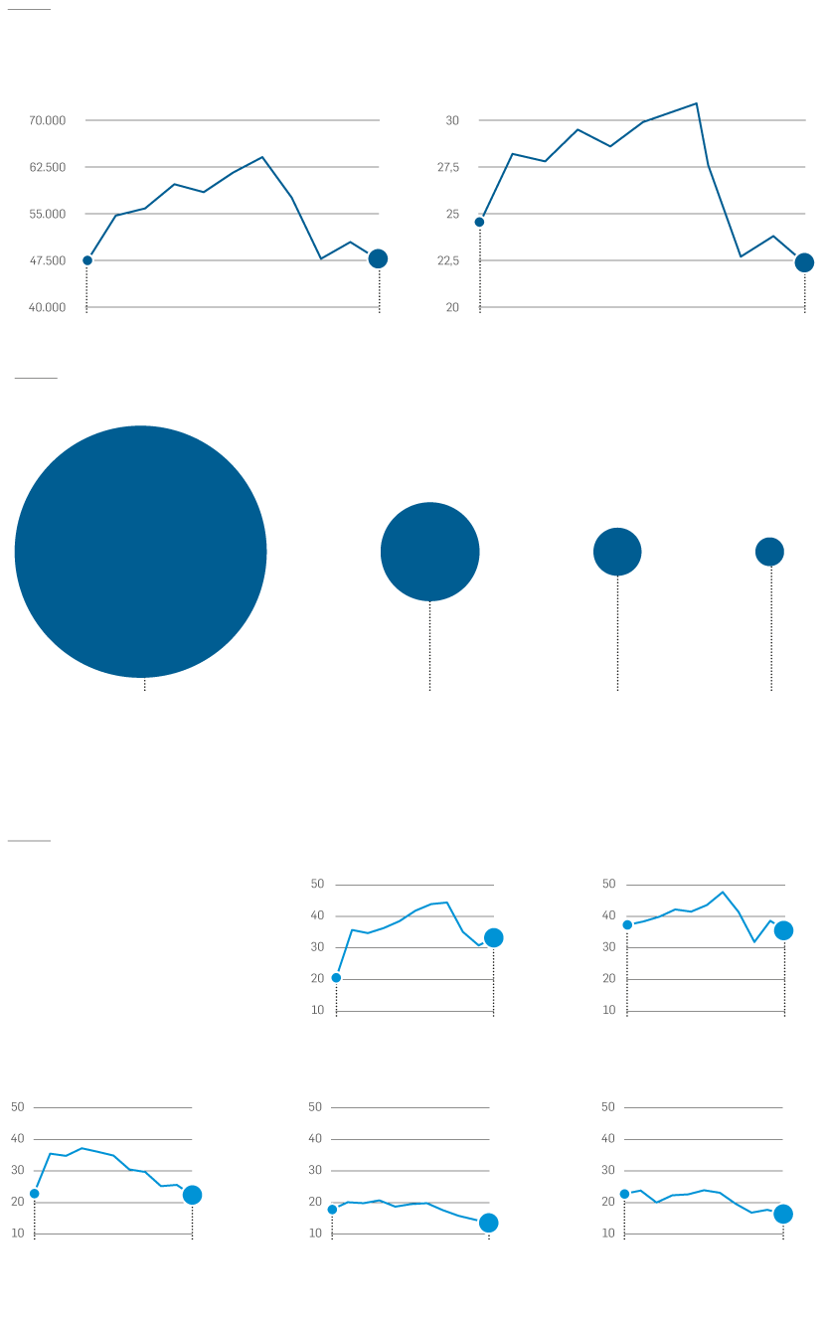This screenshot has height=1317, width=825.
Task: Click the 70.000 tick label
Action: coord(47,120)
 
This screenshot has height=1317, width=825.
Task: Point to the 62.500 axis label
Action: coord(47,168)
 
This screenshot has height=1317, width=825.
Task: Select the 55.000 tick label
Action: coord(47,214)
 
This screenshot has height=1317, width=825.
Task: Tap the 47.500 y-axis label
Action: coord(47,260)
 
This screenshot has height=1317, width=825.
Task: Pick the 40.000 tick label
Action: coord(47,307)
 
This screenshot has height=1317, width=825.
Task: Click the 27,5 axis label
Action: coord(448,168)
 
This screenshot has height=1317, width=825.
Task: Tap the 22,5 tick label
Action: coord(448,260)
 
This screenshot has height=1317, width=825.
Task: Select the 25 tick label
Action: coord(452,214)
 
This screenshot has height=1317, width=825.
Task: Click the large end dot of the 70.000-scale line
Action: coord(378,258)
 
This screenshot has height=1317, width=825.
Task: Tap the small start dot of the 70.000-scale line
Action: coord(87,260)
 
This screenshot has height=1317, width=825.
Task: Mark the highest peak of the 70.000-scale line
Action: coord(262,157)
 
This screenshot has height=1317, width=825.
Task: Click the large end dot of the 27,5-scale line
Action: coord(804,262)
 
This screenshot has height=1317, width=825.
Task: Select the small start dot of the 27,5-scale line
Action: coord(479,223)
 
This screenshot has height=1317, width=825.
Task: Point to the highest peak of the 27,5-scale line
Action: coord(697,103)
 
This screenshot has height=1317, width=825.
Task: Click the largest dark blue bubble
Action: coord(140,552)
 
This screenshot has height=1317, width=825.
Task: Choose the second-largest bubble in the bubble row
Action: coord(429,552)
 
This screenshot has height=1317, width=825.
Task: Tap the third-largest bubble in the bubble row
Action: coord(617,552)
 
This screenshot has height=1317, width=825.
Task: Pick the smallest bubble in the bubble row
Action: coord(769,552)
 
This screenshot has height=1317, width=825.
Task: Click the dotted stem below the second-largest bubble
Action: coord(429,645)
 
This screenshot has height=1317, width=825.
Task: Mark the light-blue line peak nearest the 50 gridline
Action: coord(723,892)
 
